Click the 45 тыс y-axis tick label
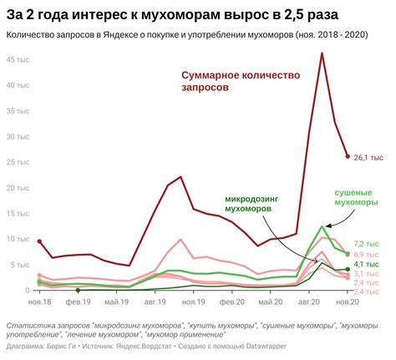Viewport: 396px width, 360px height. tap(19, 60)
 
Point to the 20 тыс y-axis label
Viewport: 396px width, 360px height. tap(19, 188)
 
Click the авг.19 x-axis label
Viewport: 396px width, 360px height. tap(155, 302)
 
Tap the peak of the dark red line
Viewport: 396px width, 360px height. tap(322, 53)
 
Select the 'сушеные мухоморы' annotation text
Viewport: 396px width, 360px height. tap(356, 197)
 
